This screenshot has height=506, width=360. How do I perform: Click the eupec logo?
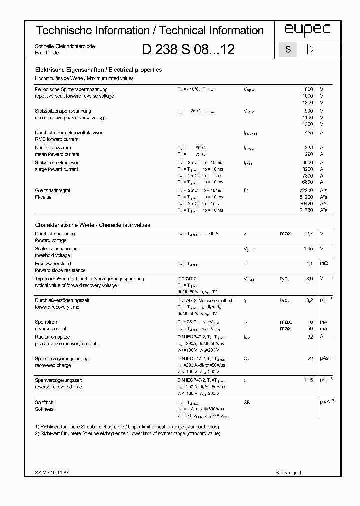click(x=307, y=31)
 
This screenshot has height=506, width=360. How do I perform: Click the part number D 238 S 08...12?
click(x=188, y=50)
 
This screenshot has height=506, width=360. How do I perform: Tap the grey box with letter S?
click(x=287, y=50)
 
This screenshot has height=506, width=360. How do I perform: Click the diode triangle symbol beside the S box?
click(x=310, y=50)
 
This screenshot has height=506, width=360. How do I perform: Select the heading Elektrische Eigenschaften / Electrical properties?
click(x=98, y=70)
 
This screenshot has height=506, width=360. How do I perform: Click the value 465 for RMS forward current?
click(x=308, y=133)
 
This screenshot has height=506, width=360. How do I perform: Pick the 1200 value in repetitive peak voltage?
click(x=307, y=102)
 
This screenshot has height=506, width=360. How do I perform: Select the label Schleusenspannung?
click(x=56, y=249)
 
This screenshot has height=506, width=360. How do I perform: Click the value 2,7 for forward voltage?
click(x=309, y=234)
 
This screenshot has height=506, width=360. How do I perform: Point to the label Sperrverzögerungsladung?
click(x=62, y=359)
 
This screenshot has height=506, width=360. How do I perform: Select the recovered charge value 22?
click(x=310, y=359)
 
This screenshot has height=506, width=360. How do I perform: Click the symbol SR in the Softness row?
click(x=246, y=402)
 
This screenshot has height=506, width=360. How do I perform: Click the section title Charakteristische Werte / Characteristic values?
click(x=92, y=225)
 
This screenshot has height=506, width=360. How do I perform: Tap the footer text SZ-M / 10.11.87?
click(x=53, y=472)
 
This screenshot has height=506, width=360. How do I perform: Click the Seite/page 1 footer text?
click(x=288, y=472)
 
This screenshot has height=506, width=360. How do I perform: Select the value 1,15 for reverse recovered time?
click(x=308, y=380)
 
